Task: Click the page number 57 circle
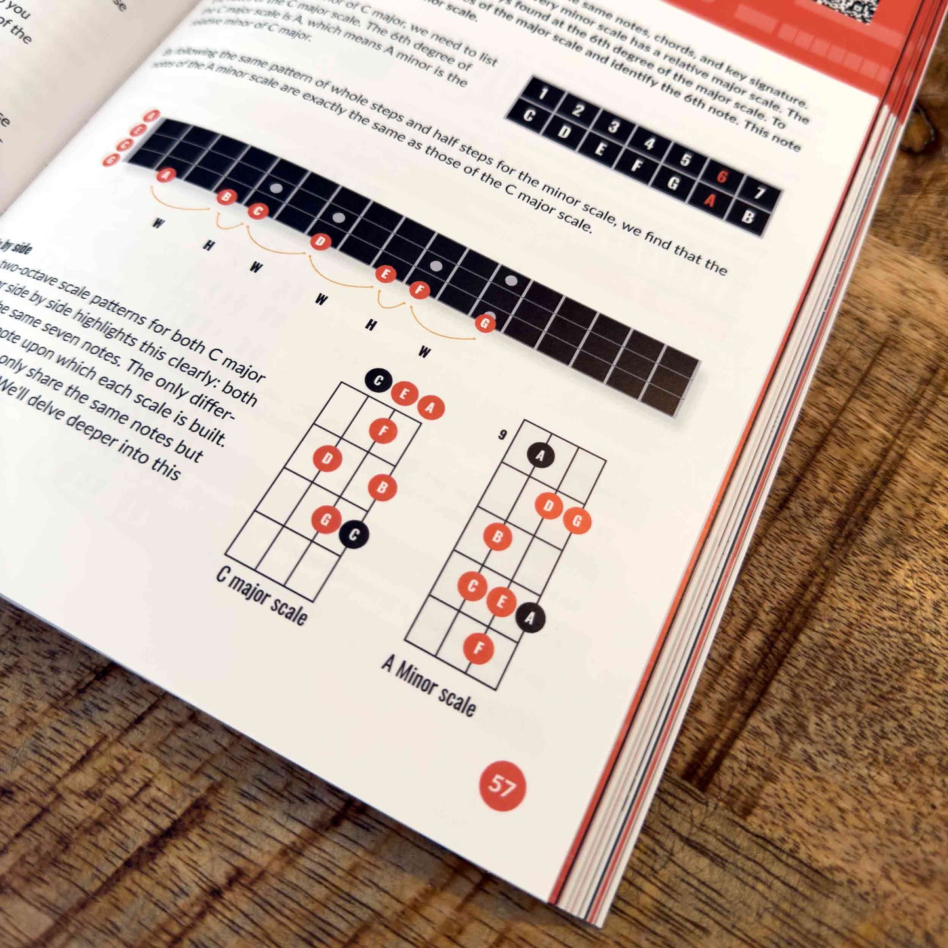coord(502,785)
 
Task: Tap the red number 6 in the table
coord(722,176)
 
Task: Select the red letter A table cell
coord(710,199)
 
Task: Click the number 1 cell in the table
coord(543,94)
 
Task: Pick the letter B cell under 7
coord(747,216)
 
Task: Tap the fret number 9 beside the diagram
coord(503,434)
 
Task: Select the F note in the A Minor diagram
coord(478,649)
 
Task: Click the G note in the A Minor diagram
coord(577,521)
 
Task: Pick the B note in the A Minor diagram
coord(497,537)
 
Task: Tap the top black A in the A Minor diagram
coord(541,455)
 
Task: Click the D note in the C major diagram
coord(327,459)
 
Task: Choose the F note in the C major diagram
coord(383,431)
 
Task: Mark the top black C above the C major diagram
coord(378,381)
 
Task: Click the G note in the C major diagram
coord(325,520)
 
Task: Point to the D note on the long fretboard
coord(320,242)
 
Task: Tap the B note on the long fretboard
coord(227,196)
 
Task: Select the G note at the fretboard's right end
coord(485,323)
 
